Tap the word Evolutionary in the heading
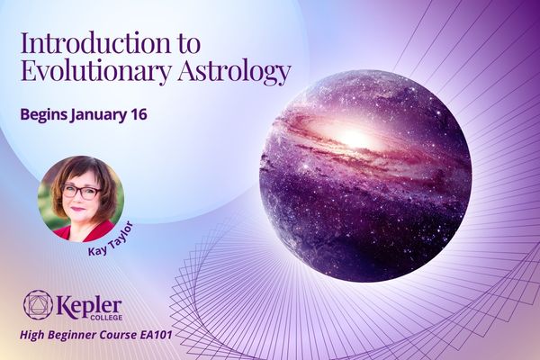point(96,73)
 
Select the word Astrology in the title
point(234,73)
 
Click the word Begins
point(44,114)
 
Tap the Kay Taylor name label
point(111,239)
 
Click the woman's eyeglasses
point(80,192)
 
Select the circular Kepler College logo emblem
point(38,304)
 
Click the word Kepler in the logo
point(88,306)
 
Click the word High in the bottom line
point(32,335)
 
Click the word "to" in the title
point(188,44)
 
